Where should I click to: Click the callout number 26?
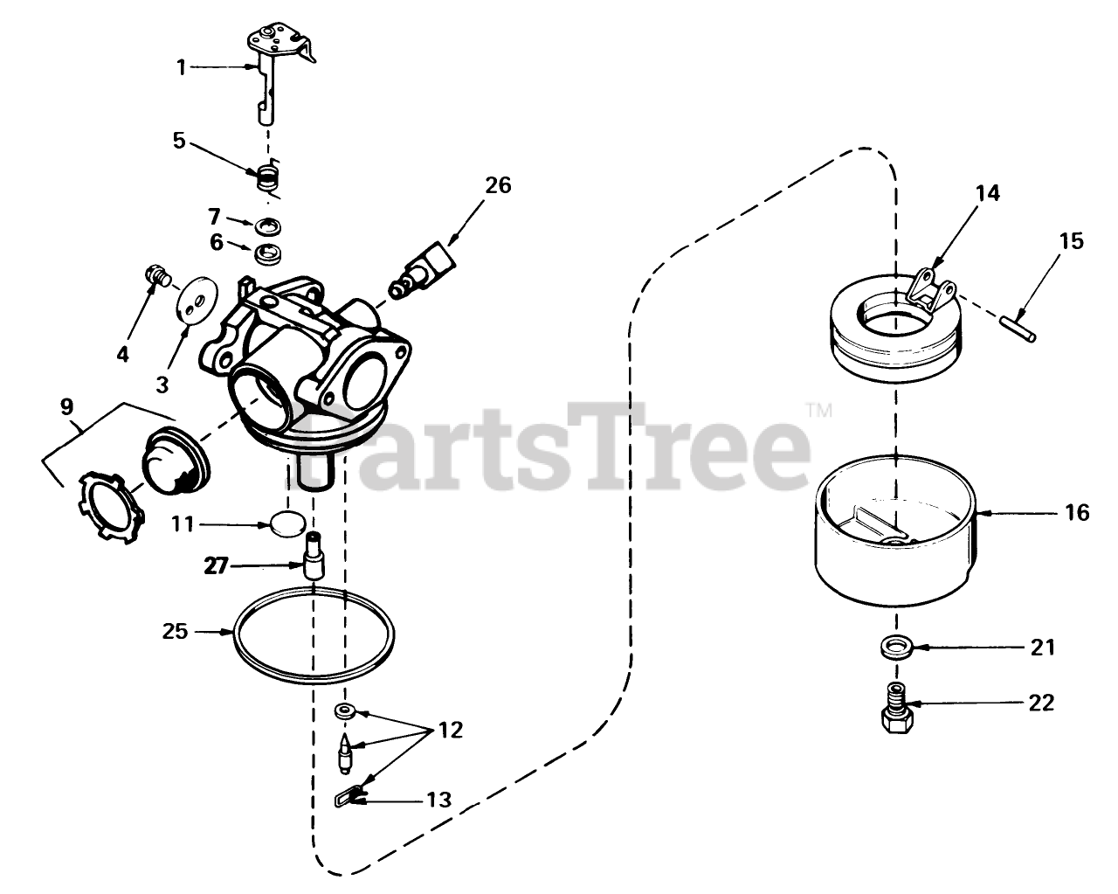(499, 185)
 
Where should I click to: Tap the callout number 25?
(176, 630)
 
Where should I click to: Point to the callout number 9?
(66, 406)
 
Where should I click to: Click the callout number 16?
(1078, 512)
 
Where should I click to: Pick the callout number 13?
(438, 799)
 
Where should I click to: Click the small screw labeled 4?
(156, 278)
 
